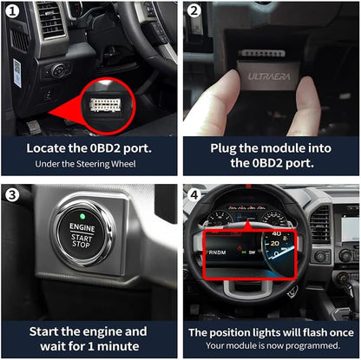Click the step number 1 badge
coord(13,12)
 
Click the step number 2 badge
coord(194,12)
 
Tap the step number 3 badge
coord(13,193)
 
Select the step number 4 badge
coord(194,193)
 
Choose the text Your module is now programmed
coord(271,346)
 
